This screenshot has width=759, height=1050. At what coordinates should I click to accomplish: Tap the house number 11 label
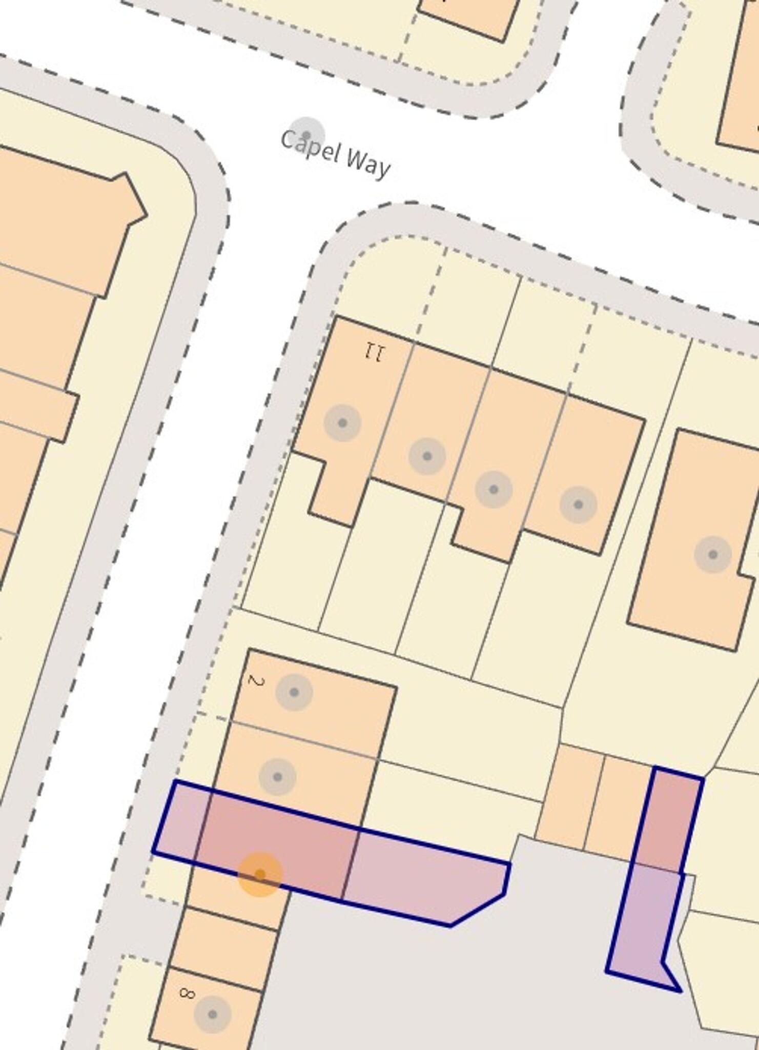[x=375, y=353]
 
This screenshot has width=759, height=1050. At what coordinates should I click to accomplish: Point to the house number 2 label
[x=256, y=681]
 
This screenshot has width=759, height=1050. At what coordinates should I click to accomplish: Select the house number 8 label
[x=187, y=993]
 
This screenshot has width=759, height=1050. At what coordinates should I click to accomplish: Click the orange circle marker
[x=260, y=875]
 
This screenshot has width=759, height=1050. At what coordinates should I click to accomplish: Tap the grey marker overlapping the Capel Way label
[x=306, y=135]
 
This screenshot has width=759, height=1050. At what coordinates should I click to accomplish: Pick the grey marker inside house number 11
[x=342, y=423]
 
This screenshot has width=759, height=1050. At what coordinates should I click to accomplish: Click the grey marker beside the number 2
[x=294, y=692]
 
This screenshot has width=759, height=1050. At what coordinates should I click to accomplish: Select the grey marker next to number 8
[x=212, y=1014]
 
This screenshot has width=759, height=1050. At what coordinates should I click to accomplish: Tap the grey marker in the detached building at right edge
[x=713, y=554]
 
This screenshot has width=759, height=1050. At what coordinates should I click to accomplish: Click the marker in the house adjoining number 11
[x=427, y=456]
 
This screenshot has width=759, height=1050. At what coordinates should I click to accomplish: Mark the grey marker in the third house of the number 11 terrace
[x=494, y=490]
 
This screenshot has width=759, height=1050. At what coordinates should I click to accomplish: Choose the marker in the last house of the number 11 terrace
[x=578, y=505]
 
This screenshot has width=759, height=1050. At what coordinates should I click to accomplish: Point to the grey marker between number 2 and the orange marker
[x=277, y=777]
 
